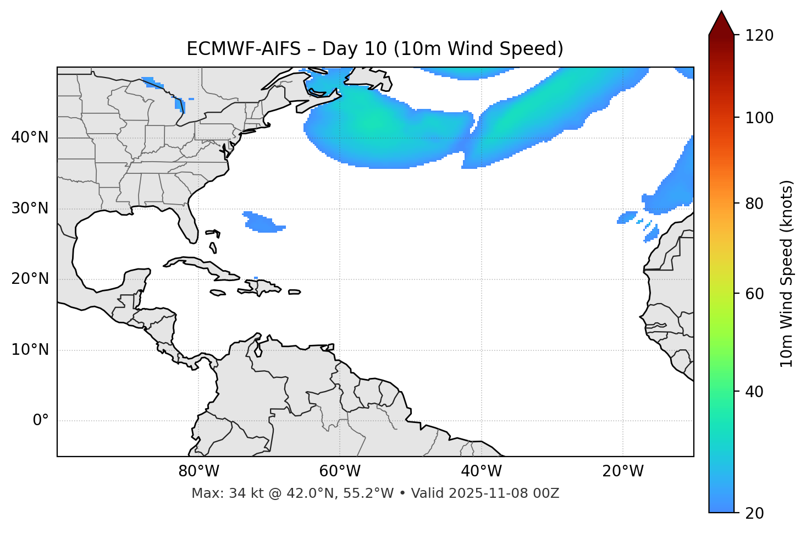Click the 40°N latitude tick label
click(x=30, y=138)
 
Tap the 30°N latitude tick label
click(x=30, y=208)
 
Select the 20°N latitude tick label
click(x=30, y=279)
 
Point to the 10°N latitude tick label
click(x=30, y=350)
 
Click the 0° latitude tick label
click(x=41, y=421)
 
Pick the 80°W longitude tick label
click(x=198, y=471)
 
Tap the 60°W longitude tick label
click(x=340, y=471)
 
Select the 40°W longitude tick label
click(x=481, y=471)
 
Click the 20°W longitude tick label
click(x=622, y=471)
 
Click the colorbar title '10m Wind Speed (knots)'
click(x=787, y=274)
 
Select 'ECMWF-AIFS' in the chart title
click(x=244, y=49)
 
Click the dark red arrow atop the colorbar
click(x=721, y=23)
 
